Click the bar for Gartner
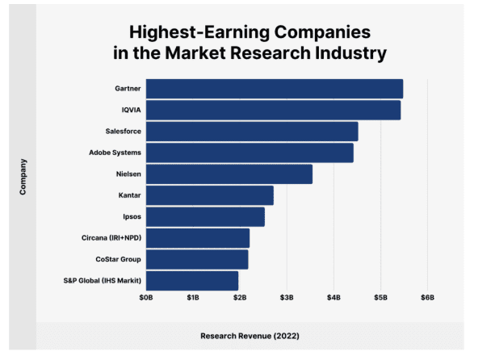pyautogui.click(x=274, y=89)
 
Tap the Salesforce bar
pyautogui.click(x=251, y=132)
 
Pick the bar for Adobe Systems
pyautogui.click(x=250, y=153)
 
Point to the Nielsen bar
pyautogui.click(x=229, y=174)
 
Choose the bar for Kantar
pyautogui.click(x=209, y=195)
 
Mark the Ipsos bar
pyautogui.click(x=205, y=216)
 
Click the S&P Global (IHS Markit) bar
pyautogui.click(x=192, y=280)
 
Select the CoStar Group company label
pyautogui.click(x=118, y=259)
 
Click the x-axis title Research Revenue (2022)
pyautogui.click(x=245, y=335)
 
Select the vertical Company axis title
pyautogui.click(x=24, y=176)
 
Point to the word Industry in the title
pyautogui.click(x=347, y=54)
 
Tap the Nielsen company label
pyautogui.click(x=129, y=174)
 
